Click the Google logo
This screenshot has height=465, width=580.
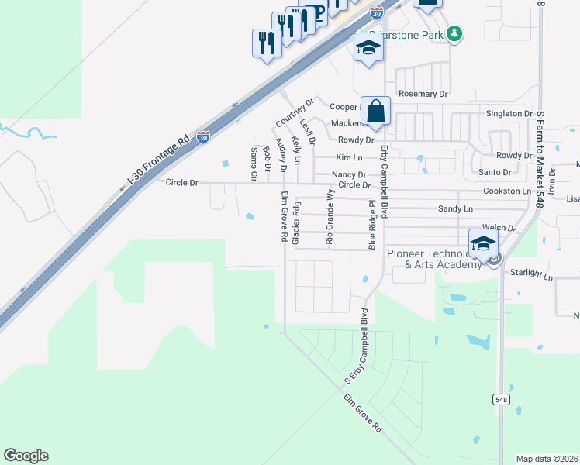click(x=26, y=456)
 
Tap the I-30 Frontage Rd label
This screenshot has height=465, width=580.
click(x=159, y=165)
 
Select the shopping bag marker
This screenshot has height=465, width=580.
click(x=375, y=112)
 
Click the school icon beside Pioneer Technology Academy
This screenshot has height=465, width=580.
click(x=483, y=243)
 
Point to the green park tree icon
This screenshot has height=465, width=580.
click(x=455, y=33)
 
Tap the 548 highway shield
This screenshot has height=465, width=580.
click(x=501, y=398)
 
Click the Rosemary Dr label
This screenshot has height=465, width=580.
click(x=423, y=94)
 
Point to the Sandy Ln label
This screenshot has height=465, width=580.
click(x=455, y=209)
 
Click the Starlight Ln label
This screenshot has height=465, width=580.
click(x=532, y=274)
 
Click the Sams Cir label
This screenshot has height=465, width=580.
click(x=254, y=164)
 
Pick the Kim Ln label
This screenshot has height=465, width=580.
click(x=348, y=157)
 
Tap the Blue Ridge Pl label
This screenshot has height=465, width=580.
click(x=371, y=225)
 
